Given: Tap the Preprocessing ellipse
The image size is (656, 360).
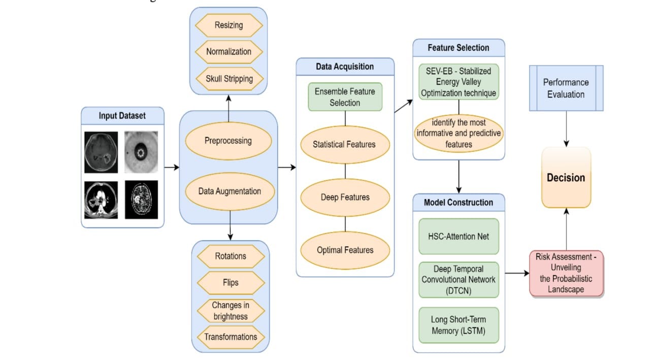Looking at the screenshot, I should (228, 140).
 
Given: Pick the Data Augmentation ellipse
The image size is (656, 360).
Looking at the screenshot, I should (229, 191).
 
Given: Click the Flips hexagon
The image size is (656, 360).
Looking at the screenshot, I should (231, 283).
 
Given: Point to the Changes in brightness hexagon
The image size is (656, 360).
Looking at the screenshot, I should (231, 311).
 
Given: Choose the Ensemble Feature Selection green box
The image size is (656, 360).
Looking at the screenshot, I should (345, 96).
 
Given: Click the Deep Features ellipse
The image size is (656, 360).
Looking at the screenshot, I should (345, 197).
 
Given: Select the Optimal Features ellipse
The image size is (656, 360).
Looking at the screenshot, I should (345, 250).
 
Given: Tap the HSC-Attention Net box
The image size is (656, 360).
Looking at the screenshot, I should (458, 236).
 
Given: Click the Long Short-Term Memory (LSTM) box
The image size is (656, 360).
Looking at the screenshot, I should (458, 324).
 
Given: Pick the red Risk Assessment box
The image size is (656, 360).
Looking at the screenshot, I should (566, 273).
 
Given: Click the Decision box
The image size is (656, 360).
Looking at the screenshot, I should (566, 178).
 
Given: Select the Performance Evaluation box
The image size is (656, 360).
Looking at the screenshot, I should (566, 88).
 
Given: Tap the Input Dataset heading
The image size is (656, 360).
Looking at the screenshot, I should (122, 116).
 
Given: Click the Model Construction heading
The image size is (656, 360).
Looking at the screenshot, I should (458, 202).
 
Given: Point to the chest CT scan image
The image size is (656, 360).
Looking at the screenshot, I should (101, 200).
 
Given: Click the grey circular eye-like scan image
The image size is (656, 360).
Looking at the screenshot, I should (141, 151).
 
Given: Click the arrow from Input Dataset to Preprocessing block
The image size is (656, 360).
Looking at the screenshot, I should (172, 167).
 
